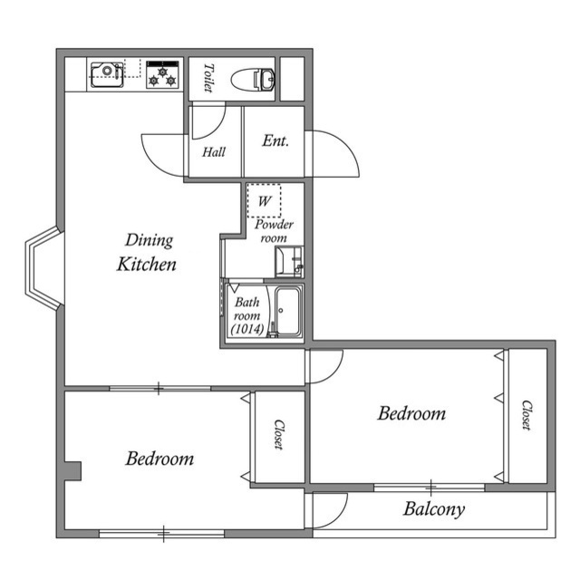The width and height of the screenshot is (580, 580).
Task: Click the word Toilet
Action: tap(208, 78)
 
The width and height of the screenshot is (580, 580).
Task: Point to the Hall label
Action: tap(214, 152)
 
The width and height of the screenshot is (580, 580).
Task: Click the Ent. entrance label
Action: tap(275, 140)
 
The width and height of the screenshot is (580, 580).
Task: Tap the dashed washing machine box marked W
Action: tap(265, 200)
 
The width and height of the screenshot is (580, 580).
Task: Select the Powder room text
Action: tap(274, 230)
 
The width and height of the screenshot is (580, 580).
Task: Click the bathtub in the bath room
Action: tap(287, 313)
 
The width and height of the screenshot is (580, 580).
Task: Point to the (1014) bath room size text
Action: tap(246, 330)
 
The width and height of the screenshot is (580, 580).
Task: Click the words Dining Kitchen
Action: tap(147, 253)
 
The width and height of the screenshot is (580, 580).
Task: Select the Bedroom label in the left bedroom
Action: tap(159, 459)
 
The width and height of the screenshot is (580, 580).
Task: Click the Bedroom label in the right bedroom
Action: tap(411, 414)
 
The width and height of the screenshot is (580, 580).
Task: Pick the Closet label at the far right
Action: tap(527, 415)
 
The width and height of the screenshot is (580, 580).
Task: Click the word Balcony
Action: tap(433, 509)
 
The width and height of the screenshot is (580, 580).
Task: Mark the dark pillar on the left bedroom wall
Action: tap(72, 472)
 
